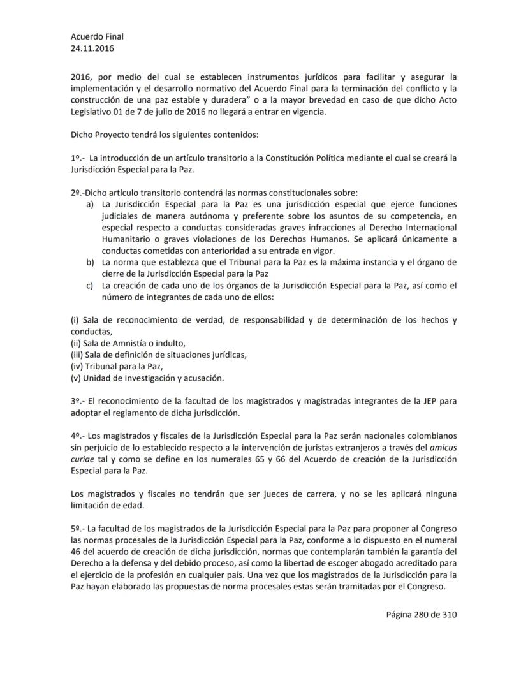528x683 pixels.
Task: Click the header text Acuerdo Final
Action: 97,36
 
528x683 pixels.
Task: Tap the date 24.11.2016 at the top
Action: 93,48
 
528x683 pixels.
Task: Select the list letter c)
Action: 90,286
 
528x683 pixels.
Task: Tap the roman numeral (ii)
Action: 77,343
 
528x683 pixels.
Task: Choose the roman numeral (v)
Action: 77,378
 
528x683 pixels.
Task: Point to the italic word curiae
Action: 84,459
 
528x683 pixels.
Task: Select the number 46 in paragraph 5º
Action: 77,552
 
